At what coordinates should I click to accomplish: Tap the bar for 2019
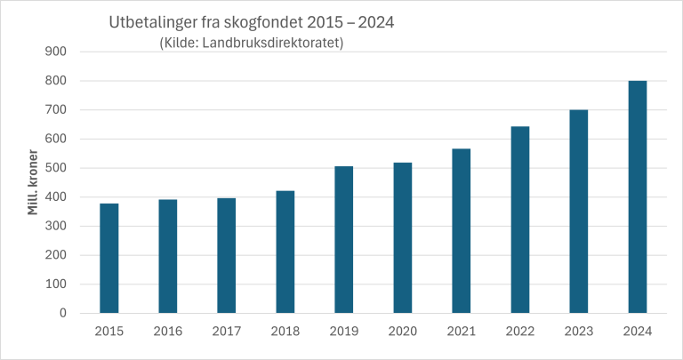343,239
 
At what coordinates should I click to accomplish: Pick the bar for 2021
461,230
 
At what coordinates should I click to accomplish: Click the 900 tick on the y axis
56,52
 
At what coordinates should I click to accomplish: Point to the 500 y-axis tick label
56,168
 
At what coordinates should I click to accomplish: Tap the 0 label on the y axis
63,313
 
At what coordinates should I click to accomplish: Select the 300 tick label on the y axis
56,226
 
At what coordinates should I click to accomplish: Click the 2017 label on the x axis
226,332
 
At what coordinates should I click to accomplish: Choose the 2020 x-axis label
402,332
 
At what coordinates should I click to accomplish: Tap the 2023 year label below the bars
578,332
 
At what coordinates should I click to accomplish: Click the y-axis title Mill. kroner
33,182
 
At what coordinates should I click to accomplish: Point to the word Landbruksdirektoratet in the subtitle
284,42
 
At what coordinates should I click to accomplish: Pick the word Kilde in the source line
181,42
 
